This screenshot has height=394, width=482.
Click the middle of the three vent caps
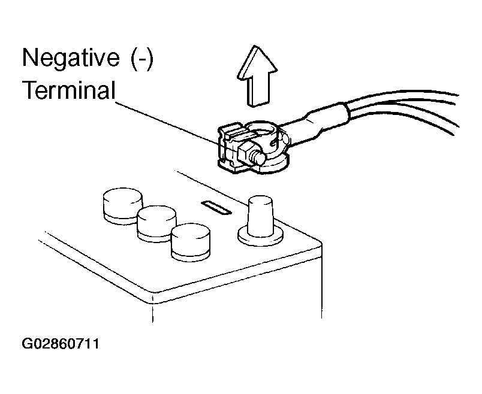tap(156, 223)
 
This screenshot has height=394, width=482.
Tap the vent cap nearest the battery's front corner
tap(190, 242)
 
